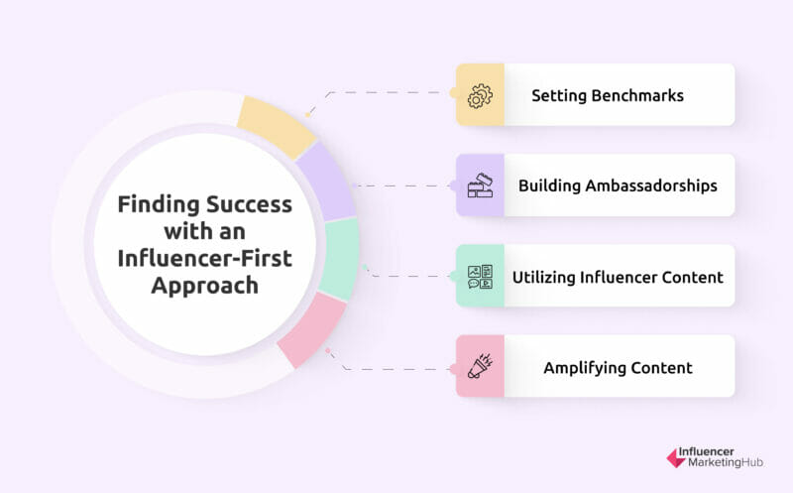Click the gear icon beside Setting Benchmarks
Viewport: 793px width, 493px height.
pyautogui.click(x=480, y=95)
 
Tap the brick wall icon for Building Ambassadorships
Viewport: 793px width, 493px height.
pyautogui.click(x=480, y=185)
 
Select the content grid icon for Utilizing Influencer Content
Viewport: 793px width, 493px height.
pyautogui.click(x=480, y=276)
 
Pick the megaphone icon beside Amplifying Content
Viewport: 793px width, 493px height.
pyautogui.click(x=480, y=366)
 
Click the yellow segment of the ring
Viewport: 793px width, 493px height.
pyautogui.click(x=277, y=127)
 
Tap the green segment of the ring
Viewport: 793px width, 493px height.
pyautogui.click(x=340, y=260)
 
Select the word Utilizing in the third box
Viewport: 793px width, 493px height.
pyautogui.click(x=548, y=277)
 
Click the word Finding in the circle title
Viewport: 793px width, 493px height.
pyautogui.click(x=157, y=205)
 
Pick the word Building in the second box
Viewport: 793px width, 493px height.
pyautogui.click(x=549, y=186)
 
